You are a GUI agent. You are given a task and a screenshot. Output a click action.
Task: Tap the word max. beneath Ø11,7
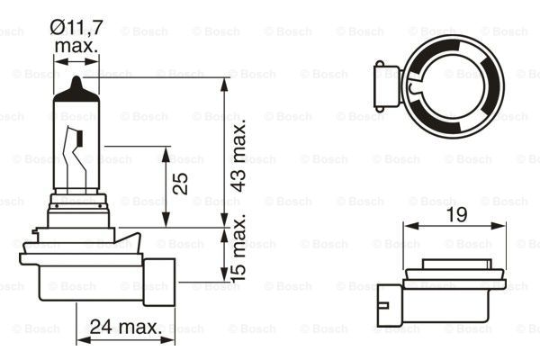click(x=76, y=46)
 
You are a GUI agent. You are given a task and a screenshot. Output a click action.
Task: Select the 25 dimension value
click(x=181, y=184)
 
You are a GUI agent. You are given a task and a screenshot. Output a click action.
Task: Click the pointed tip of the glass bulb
click(x=76, y=82)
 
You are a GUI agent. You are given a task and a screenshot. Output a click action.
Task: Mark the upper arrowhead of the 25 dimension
click(x=166, y=151)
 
